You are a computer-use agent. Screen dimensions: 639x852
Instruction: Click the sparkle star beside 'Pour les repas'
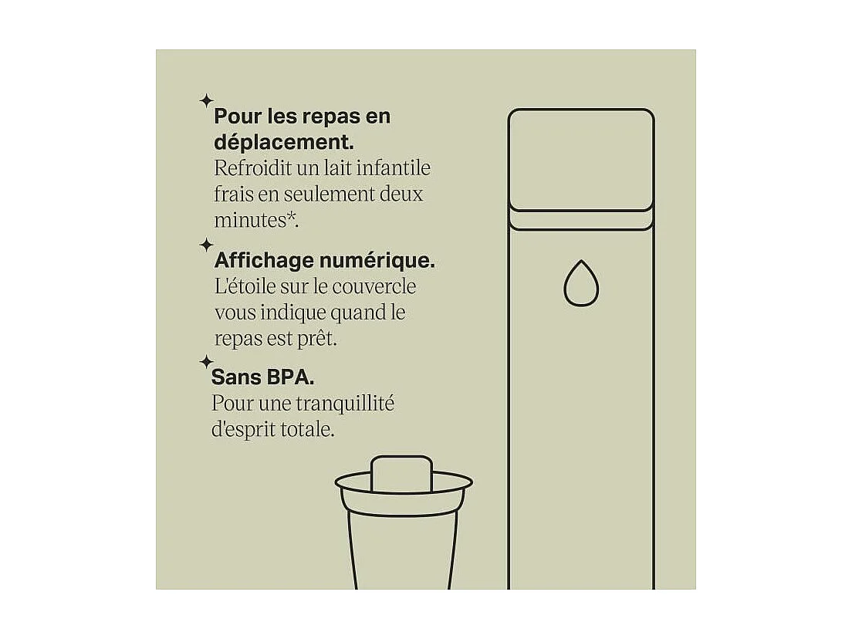point(206,100)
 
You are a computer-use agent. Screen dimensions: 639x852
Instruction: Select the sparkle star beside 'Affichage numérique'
point(206,245)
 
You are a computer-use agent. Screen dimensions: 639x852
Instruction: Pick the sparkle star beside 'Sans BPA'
point(206,361)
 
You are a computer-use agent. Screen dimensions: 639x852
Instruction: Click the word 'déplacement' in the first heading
point(282,143)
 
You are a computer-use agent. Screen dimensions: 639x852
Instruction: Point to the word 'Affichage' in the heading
point(259,261)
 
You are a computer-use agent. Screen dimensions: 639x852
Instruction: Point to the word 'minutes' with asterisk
point(255,219)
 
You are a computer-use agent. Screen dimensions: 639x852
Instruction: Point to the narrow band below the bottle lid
point(581,220)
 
